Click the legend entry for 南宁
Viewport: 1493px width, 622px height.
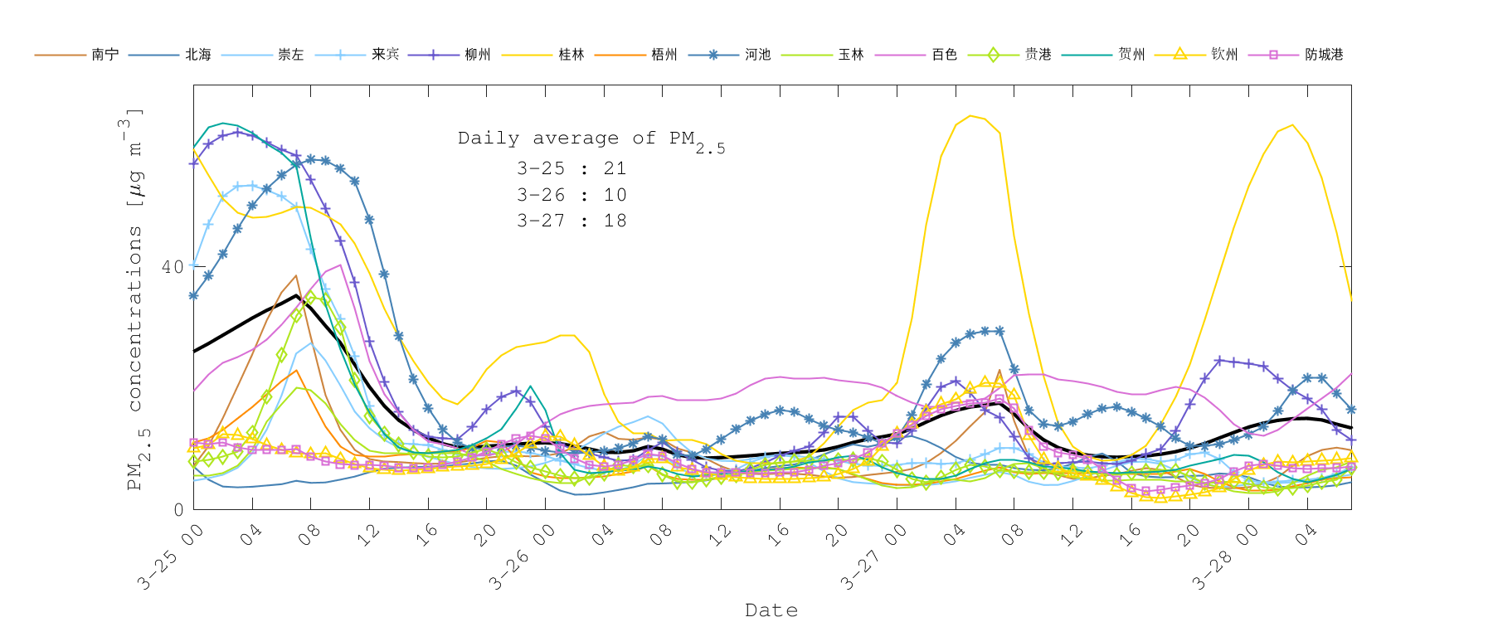(x=105, y=55)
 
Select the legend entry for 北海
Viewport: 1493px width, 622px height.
(x=198, y=55)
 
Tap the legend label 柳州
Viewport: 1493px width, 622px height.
(x=478, y=55)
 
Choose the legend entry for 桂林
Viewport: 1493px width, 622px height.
(x=571, y=55)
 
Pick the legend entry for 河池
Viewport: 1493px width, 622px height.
(x=757, y=55)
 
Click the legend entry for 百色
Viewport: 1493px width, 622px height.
(x=944, y=55)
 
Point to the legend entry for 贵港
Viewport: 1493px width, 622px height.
(x=1038, y=55)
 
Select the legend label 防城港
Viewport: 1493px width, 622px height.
(x=1324, y=55)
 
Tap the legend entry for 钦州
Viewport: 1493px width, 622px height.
(x=1224, y=55)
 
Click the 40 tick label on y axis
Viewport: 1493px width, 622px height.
(x=173, y=267)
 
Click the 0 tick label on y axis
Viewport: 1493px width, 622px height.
(x=178, y=509)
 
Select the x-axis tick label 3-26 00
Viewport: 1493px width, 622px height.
(x=520, y=558)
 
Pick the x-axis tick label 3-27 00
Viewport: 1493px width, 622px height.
(x=872, y=558)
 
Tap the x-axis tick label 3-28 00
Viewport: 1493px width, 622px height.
(x=1223, y=558)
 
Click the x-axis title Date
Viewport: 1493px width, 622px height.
(x=771, y=610)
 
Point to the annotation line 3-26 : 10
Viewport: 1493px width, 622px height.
(x=571, y=195)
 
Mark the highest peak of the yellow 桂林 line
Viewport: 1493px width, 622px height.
(x=970, y=115)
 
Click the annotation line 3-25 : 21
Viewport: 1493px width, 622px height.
(x=571, y=168)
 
